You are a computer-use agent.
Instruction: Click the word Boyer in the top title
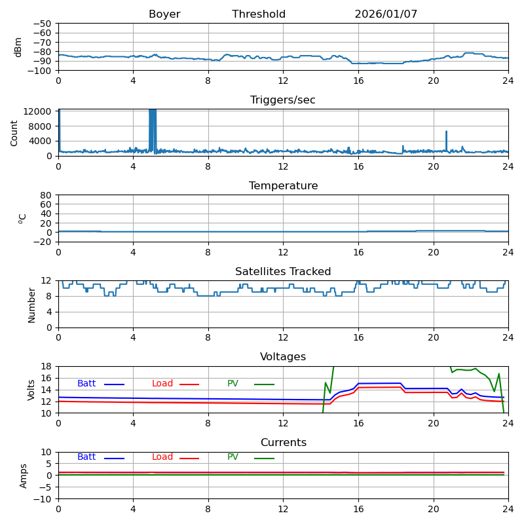[x=164, y=14]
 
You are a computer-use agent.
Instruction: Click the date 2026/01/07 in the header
[x=386, y=14]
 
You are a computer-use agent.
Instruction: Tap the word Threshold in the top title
[x=259, y=14]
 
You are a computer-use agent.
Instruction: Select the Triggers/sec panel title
[x=283, y=100]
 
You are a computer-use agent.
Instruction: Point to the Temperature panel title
[x=283, y=186]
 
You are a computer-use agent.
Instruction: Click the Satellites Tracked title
[x=283, y=272]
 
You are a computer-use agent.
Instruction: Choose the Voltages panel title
[x=283, y=357]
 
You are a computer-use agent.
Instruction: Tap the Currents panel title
[x=283, y=443]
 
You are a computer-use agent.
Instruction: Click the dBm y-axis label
[x=18, y=47]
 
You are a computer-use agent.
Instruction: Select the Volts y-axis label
[x=31, y=390]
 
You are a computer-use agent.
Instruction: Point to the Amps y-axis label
[x=24, y=476]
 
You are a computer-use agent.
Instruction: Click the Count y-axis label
[x=14, y=132]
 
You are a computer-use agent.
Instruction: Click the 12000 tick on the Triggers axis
[x=39, y=111]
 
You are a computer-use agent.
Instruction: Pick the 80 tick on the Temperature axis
[x=46, y=195]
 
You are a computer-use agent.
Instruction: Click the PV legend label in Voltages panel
[x=233, y=384]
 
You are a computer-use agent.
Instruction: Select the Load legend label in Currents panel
[x=162, y=457]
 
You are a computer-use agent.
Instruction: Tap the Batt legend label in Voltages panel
[x=86, y=384]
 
